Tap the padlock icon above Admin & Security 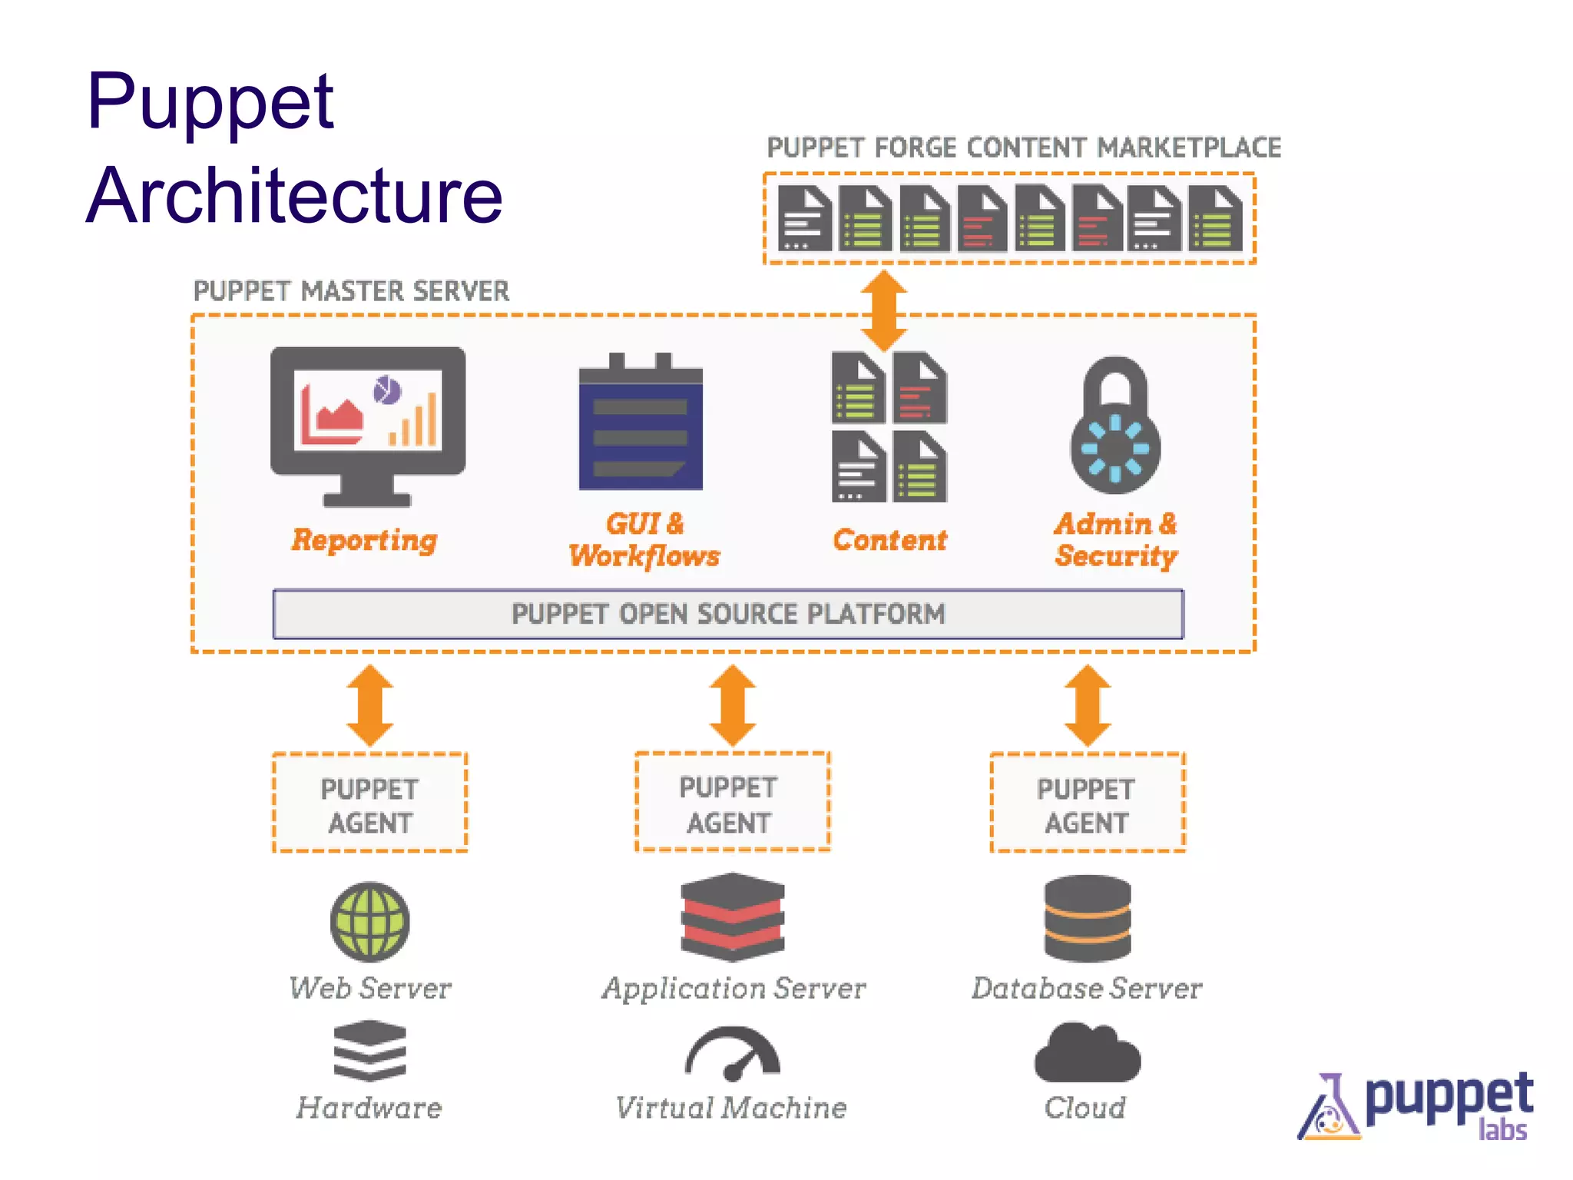click(x=1115, y=426)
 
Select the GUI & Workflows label click(x=644, y=540)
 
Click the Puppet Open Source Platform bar click(x=727, y=614)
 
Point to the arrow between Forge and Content click(x=883, y=310)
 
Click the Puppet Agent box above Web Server click(x=369, y=803)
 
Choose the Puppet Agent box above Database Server click(x=1087, y=803)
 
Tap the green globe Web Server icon click(x=369, y=922)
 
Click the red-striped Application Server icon click(x=732, y=916)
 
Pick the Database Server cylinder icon click(x=1087, y=918)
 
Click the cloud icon click(x=1087, y=1054)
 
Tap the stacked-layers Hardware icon click(x=369, y=1050)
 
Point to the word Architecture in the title click(x=294, y=196)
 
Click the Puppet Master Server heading click(x=351, y=291)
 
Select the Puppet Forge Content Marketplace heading click(x=1023, y=147)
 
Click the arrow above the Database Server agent click(x=1087, y=705)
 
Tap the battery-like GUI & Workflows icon click(x=641, y=423)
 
